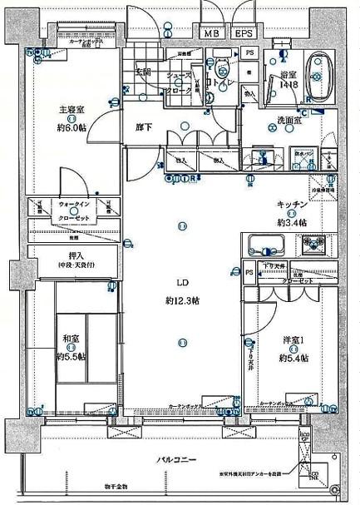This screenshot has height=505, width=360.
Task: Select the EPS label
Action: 243,33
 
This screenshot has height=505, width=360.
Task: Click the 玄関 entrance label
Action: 144,72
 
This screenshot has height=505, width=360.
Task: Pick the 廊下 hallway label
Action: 144,128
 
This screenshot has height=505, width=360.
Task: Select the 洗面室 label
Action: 288,121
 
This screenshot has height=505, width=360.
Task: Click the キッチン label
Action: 293,205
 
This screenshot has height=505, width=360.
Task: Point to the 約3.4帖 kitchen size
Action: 293,222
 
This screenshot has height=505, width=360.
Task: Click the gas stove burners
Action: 315,245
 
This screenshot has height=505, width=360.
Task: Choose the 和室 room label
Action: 71,339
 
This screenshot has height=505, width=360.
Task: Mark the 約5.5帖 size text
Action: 71,355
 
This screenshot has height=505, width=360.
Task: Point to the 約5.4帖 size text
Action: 293,357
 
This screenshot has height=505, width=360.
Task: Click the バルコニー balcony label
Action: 175,459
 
